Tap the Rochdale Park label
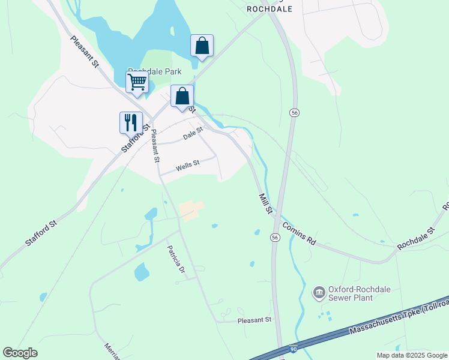tap(155, 71)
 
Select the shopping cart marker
tap(137, 82)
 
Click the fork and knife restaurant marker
tap(131, 122)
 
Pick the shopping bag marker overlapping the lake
tap(202, 46)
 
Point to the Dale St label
tap(193, 136)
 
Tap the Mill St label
tap(265, 203)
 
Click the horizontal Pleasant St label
tap(255, 320)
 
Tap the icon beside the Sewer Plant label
tap(319, 293)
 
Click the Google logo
tap(20, 353)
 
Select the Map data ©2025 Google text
tap(411, 355)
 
